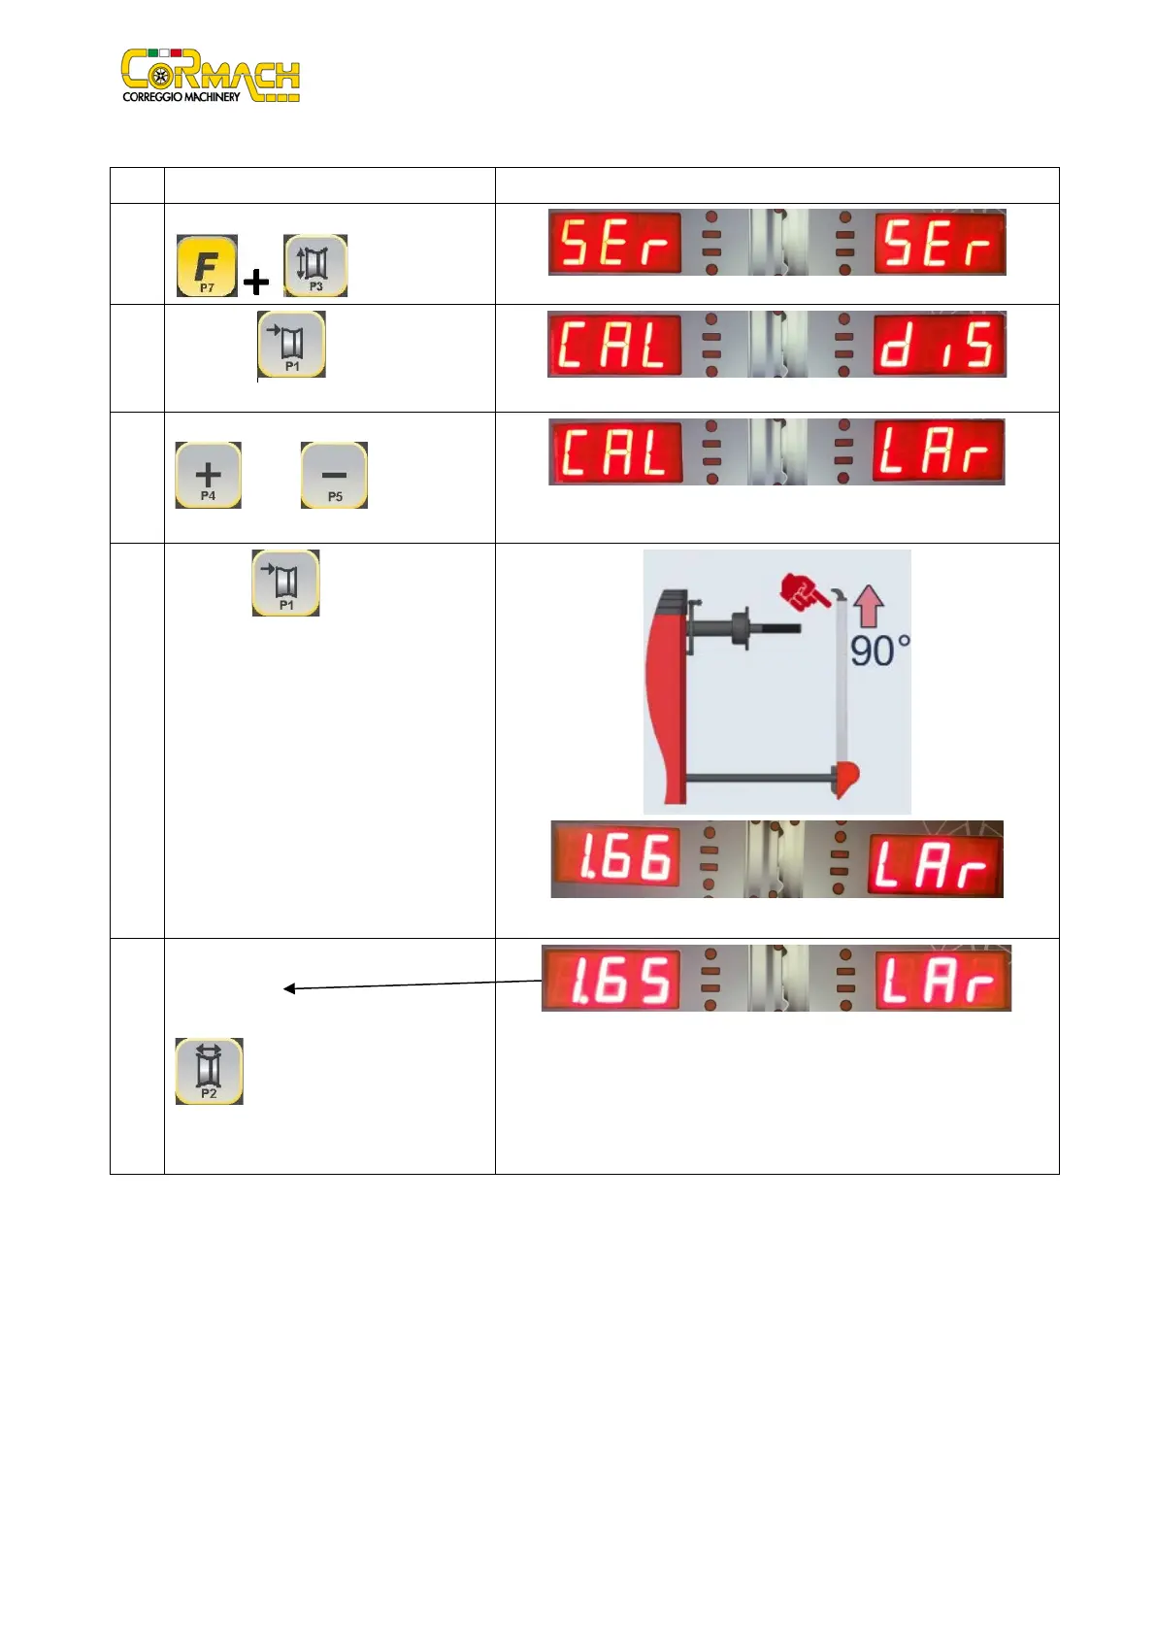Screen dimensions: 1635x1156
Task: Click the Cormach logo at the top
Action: pos(211,76)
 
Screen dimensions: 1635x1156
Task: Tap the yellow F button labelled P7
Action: pos(207,265)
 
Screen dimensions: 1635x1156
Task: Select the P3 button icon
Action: pos(315,265)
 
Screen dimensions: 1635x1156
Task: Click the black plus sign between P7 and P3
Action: pos(256,282)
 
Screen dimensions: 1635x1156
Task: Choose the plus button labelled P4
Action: pos(208,476)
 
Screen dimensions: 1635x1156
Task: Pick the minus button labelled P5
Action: pos(334,476)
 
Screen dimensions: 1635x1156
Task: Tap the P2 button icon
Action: pos(209,1071)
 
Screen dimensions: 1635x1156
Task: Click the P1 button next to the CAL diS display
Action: pos(291,345)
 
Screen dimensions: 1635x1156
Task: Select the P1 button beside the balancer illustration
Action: pos(285,584)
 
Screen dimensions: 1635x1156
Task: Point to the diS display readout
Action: pos(939,345)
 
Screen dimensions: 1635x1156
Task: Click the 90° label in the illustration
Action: pos(879,651)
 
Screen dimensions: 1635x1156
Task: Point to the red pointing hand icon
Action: pos(804,591)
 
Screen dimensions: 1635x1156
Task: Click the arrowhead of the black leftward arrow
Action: pos(288,989)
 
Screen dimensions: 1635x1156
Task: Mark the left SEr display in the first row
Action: pos(614,243)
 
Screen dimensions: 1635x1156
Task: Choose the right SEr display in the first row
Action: pos(939,243)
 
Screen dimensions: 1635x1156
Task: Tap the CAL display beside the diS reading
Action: pos(614,345)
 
